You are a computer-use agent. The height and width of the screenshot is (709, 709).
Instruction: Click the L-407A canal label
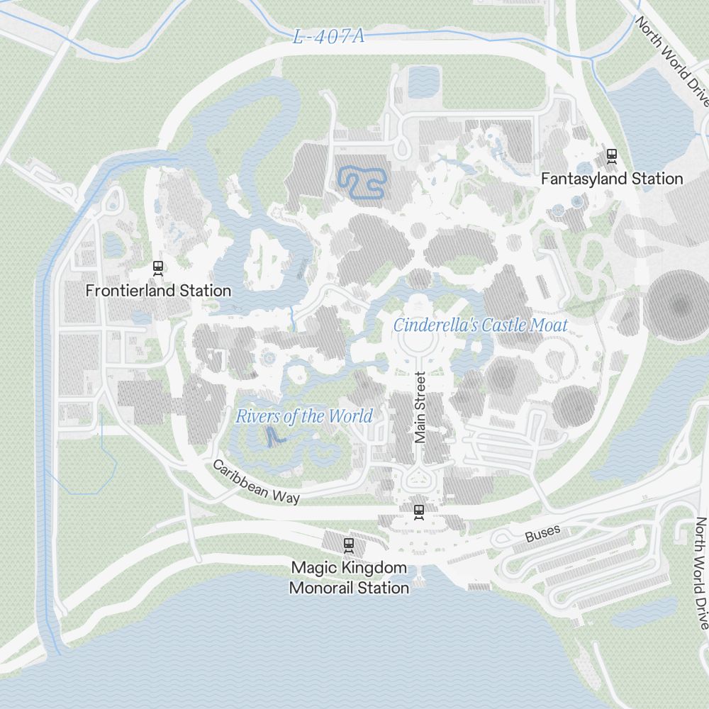coord(328,37)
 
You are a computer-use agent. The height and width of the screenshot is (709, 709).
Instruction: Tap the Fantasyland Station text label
coord(612,179)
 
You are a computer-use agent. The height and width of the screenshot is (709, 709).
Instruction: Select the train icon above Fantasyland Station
coord(612,155)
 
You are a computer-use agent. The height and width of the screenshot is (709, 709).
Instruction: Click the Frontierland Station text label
coord(158,291)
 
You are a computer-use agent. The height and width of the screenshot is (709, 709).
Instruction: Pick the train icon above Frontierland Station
coord(158,267)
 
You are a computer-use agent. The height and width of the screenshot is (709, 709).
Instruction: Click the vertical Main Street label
coord(420,408)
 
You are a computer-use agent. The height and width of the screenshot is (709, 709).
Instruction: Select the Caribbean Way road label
coord(256,483)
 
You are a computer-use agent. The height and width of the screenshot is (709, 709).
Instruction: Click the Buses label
coord(543,534)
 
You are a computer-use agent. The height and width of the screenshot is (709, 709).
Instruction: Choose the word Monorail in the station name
coord(322,588)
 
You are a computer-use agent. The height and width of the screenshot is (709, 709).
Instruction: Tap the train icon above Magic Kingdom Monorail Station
coord(348,545)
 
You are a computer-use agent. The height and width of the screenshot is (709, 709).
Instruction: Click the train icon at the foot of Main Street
coord(419,510)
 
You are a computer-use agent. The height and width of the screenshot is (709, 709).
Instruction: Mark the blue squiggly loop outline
coord(361,182)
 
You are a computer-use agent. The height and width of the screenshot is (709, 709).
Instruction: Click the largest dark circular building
coord(679,305)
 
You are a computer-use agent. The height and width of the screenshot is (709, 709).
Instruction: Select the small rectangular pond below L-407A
coord(424,81)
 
